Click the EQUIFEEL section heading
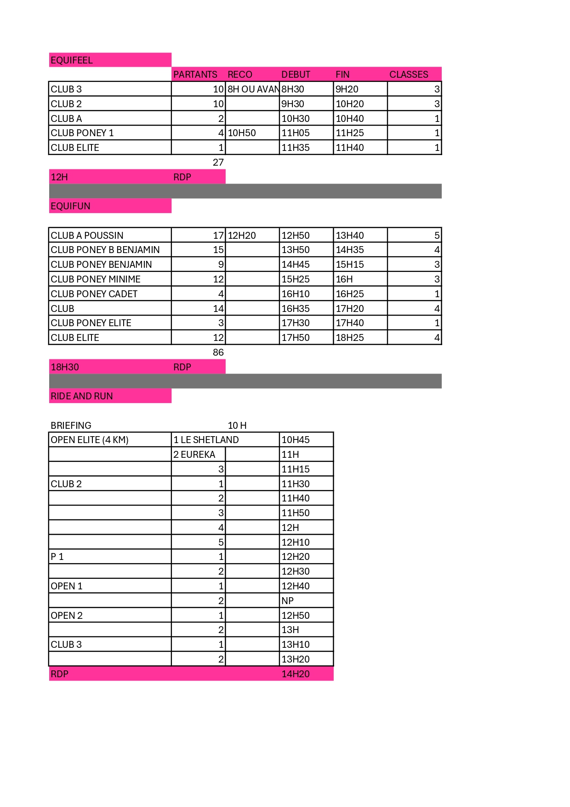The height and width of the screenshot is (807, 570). pos(72,60)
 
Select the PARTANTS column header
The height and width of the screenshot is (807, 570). pos(195,75)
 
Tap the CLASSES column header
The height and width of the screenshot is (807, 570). pos(408,75)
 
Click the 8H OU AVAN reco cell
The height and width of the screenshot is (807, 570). pos(253,89)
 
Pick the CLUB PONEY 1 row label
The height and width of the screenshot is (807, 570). pos(82,133)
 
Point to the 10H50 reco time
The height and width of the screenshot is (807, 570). pos(242,133)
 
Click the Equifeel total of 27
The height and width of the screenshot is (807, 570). pos(218,162)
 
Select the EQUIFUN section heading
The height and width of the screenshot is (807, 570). pos(70,206)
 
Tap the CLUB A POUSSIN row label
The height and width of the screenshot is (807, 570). pos(87,236)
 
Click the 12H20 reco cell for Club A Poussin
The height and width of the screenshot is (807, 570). pos(242,236)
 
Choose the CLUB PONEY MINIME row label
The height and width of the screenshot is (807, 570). pos(96,279)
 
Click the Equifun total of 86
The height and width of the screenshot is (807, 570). pos(218,352)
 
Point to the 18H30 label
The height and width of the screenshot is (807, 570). pos(65,367)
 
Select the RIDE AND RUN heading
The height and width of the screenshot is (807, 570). pos(82,396)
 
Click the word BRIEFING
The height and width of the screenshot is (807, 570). pos(71,426)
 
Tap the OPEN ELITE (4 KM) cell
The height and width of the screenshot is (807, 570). pos(90,440)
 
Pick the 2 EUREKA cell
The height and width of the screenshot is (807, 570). pos(194,455)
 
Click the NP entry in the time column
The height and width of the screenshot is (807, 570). pos(287,601)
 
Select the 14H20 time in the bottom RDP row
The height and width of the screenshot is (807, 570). pos(296,674)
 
